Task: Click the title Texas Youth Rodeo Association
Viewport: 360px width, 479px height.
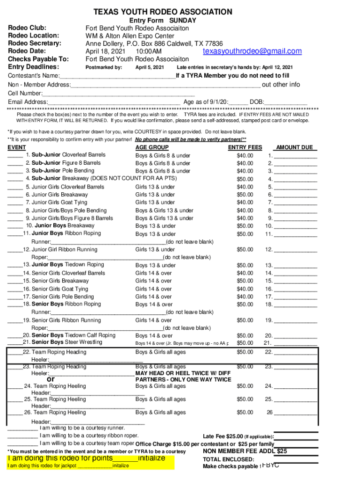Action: (x=162, y=12)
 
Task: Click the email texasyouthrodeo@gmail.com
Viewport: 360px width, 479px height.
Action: (x=252, y=51)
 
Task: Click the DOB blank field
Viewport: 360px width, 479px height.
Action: (x=286, y=102)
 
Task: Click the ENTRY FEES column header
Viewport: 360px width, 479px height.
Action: (x=245, y=147)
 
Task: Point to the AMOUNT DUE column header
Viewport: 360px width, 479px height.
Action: (x=294, y=147)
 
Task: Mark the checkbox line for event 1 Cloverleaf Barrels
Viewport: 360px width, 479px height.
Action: (x=15, y=155)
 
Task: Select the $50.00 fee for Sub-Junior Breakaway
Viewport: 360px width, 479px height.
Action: (x=245, y=179)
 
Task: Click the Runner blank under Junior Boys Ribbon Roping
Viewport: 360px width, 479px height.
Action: (x=108, y=242)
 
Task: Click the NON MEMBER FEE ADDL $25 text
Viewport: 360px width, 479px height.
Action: (x=245, y=451)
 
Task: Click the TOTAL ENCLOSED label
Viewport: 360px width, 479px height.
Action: (x=222, y=459)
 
